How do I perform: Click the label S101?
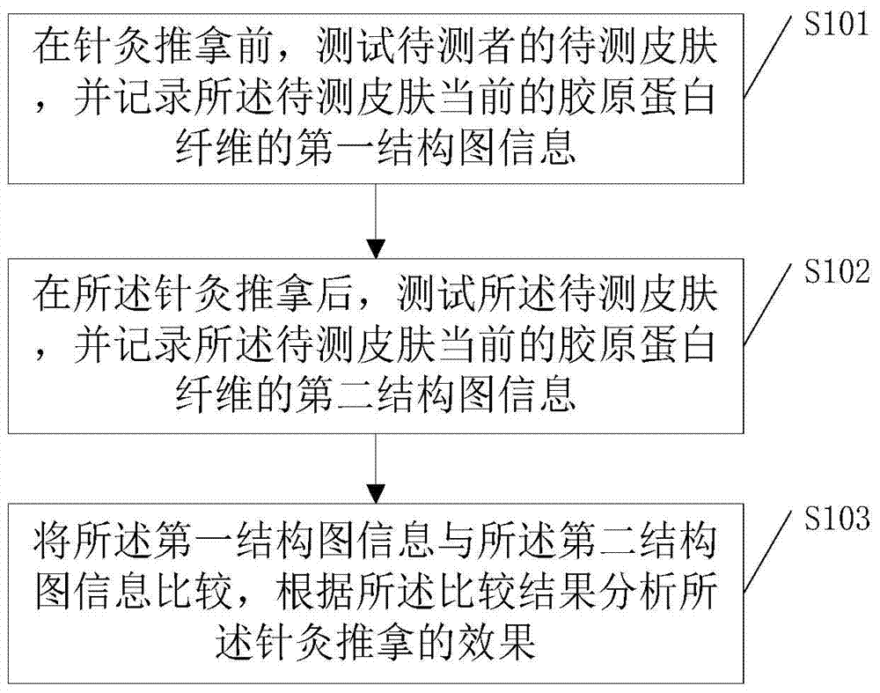pos(836,26)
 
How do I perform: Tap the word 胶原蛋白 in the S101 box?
pos(639,97)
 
